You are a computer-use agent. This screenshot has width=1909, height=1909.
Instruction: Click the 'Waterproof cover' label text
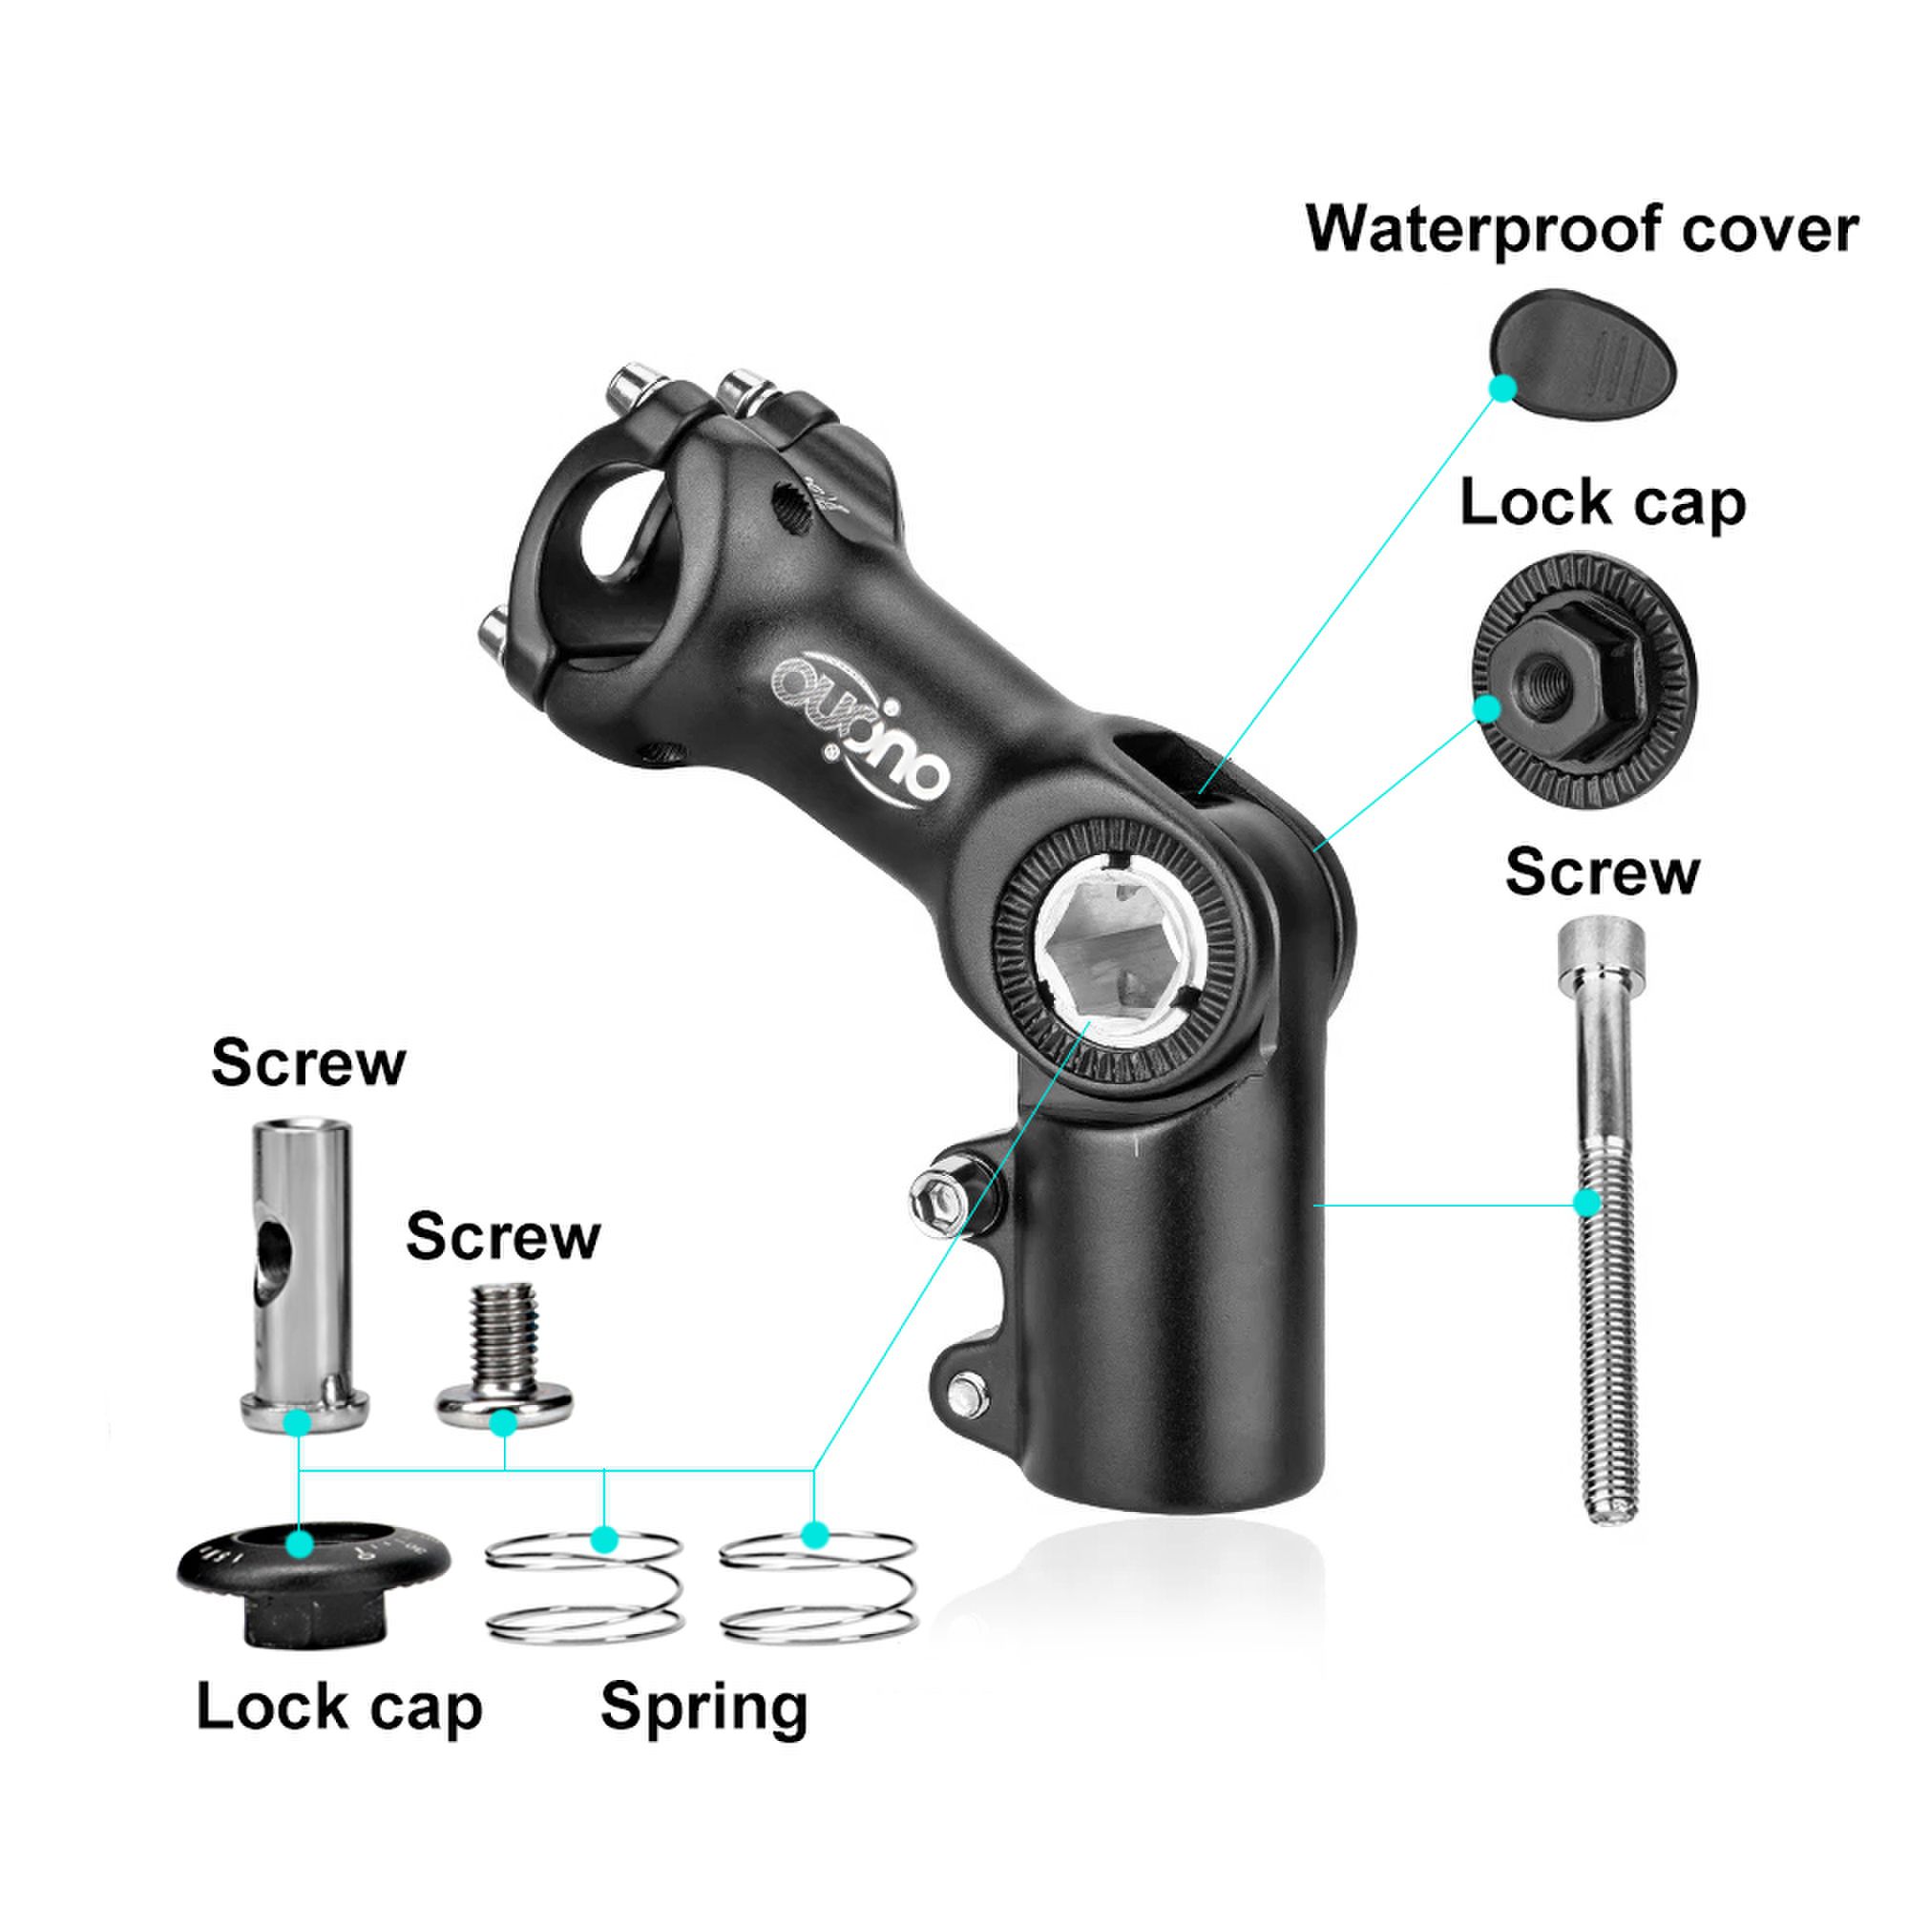pos(1582,229)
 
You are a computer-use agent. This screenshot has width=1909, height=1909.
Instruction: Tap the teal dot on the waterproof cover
pos(1501,388)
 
